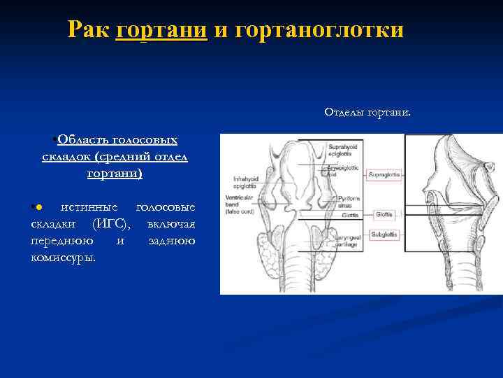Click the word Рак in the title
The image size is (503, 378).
(87, 30)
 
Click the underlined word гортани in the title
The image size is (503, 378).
(161, 30)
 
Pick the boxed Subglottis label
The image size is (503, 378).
(384, 234)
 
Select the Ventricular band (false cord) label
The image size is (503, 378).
(246, 206)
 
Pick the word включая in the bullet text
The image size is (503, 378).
(171, 224)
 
